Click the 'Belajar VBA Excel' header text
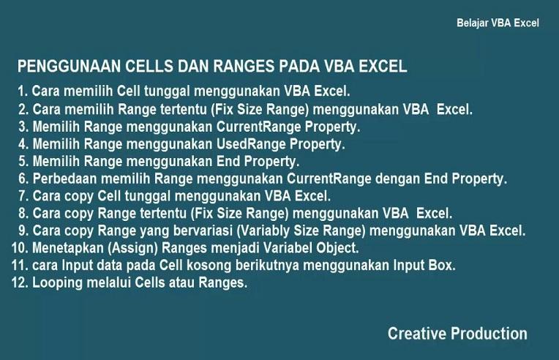498,23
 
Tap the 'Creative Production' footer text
457,334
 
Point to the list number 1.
23,92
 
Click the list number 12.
19,283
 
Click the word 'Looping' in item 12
57,283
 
